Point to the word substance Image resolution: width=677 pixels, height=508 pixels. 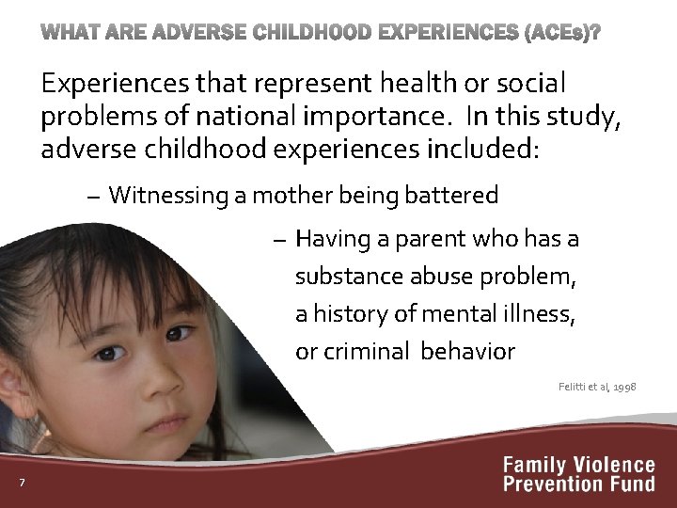point(349,278)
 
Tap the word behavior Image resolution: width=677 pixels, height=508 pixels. point(468,352)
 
